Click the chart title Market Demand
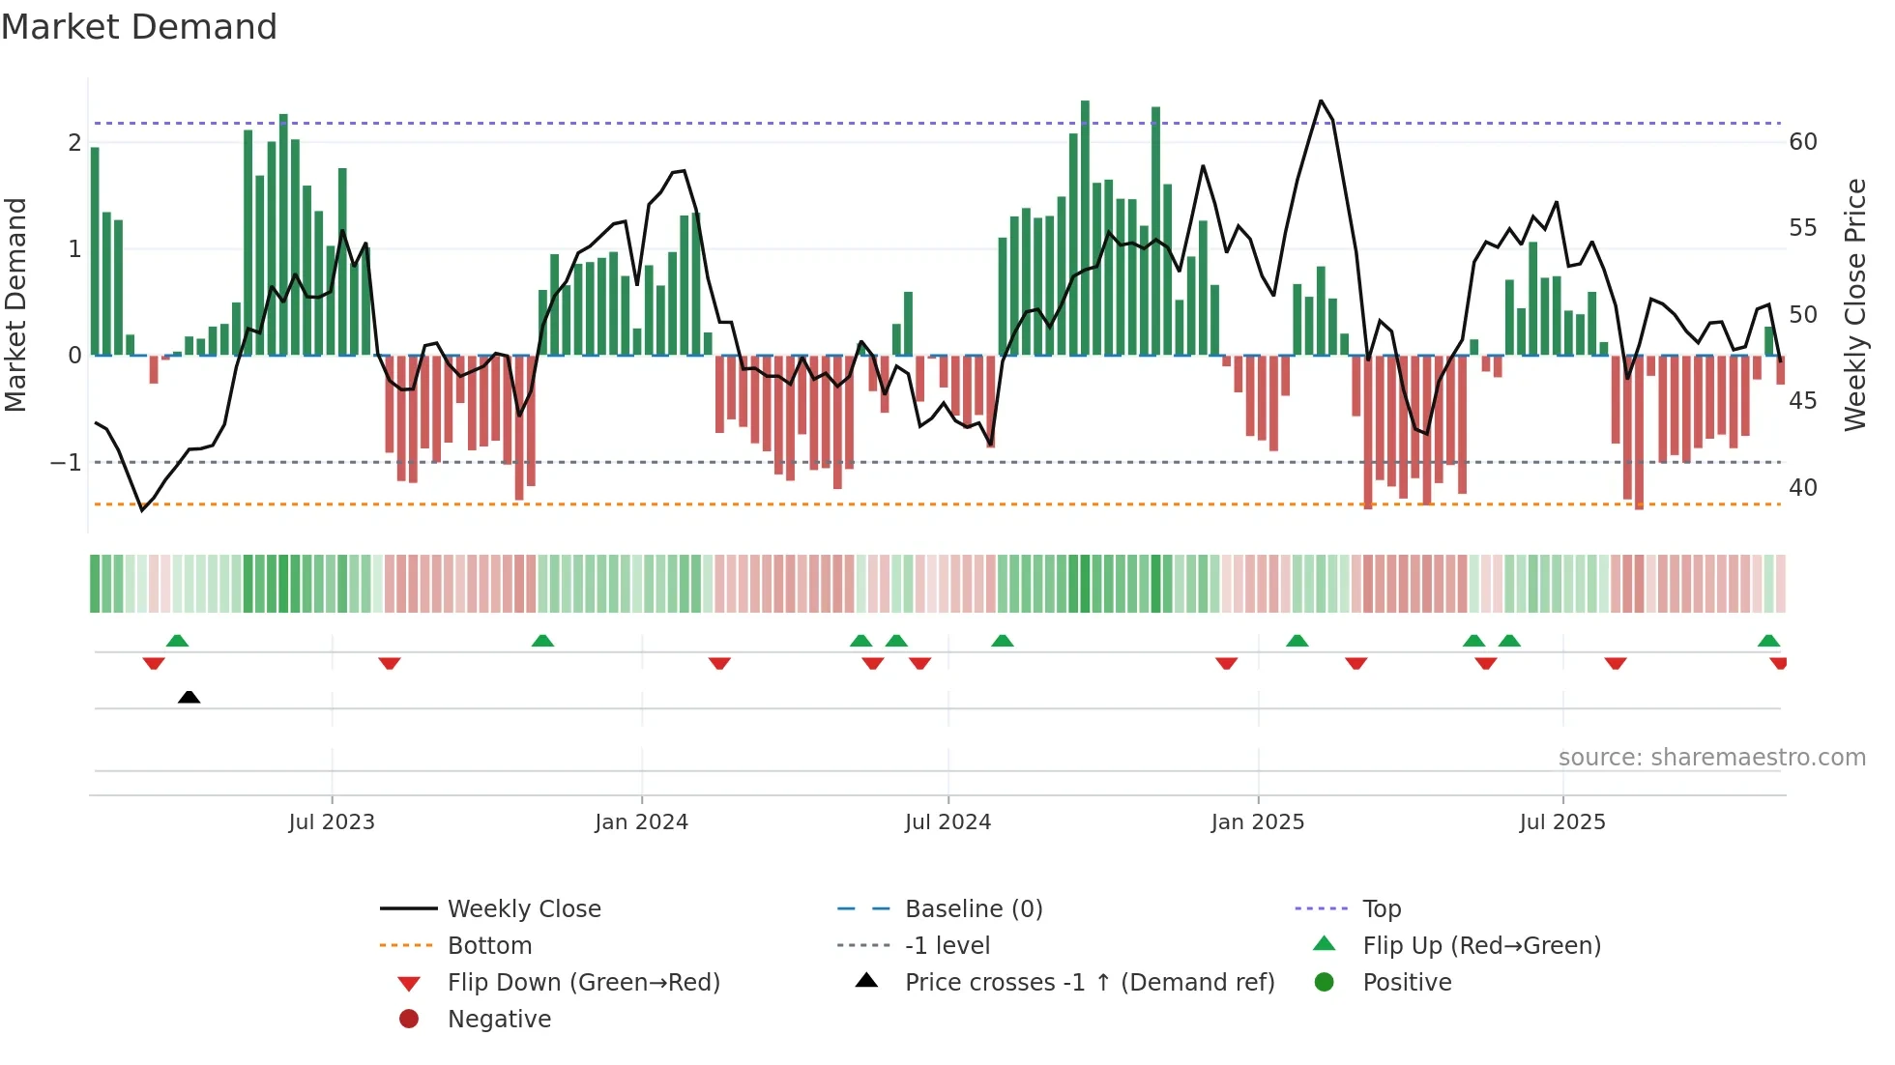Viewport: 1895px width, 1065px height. pos(139,27)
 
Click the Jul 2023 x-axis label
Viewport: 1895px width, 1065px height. pos(332,822)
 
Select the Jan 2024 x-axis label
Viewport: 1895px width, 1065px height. pos(641,822)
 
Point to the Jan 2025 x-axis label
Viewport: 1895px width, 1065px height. pos(1257,822)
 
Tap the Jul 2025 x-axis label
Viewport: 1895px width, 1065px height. pos(1561,822)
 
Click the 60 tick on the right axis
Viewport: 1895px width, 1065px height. pos(1802,142)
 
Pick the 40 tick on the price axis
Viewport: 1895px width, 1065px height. pos(1802,488)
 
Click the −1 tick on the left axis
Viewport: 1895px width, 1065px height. pos(67,463)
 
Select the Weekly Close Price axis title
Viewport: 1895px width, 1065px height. pos(1854,304)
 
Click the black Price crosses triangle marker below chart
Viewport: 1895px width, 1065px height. pos(189,697)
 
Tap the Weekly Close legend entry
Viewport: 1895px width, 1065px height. pos(523,909)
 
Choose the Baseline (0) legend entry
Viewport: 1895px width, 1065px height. pos(973,909)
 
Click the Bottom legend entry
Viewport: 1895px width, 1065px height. pos(489,946)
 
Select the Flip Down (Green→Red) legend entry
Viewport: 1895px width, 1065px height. pos(583,983)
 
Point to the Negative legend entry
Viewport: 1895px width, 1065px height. pos(499,1020)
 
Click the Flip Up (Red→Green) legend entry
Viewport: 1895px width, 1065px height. pos(1481,946)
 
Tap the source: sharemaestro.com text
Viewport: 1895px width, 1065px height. pos(1711,758)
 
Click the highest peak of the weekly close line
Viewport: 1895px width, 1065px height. pos(1321,101)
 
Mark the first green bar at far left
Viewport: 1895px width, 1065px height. pos(95,251)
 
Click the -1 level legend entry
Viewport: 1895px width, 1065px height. pos(947,946)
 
